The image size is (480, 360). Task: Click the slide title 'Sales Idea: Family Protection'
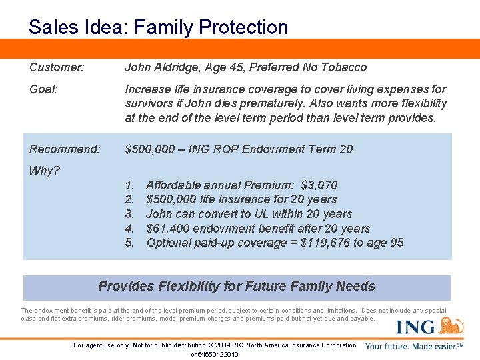(159, 27)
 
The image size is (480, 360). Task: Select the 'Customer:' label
(57, 67)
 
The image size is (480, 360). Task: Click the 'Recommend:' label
(65, 149)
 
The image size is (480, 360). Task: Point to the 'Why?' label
(45, 171)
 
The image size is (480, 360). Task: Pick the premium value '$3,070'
(319, 185)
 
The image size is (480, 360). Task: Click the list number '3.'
(130, 214)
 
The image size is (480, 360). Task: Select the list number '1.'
(130, 185)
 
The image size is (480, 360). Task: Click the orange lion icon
(451, 325)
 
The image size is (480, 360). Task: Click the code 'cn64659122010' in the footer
(215, 354)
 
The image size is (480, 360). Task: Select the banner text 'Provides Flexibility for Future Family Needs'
(237, 287)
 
